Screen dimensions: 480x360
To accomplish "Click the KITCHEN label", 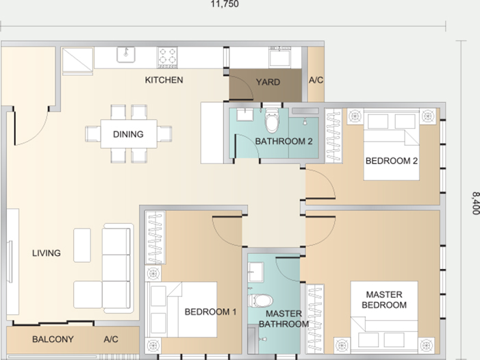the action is [164, 80].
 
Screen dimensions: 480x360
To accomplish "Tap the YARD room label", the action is [268, 82].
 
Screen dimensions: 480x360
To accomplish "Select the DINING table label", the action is [128, 134].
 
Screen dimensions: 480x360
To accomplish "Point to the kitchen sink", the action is [126, 55].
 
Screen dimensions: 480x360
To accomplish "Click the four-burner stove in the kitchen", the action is [168, 57].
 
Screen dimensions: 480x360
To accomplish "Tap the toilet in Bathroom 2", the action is [272, 121].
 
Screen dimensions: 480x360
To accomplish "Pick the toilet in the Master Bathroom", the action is [260, 300].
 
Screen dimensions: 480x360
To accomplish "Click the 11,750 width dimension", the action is [225, 4].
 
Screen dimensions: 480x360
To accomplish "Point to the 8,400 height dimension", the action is [475, 203].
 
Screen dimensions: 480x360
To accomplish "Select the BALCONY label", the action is [53, 339].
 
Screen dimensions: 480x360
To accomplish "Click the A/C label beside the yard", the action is [316, 80].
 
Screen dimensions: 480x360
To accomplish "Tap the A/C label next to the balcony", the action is [111, 339].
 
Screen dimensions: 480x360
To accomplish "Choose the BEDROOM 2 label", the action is [392, 161].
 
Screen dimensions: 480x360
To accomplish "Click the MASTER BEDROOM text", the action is [384, 300].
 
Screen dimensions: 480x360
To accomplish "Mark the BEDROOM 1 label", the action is [210, 312].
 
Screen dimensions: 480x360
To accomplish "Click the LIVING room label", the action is [47, 253].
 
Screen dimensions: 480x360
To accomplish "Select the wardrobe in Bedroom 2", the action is [333, 136].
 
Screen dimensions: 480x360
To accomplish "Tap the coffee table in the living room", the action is [82, 245].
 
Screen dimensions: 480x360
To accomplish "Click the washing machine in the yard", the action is [279, 57].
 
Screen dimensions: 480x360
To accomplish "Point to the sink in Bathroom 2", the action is [245, 114].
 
